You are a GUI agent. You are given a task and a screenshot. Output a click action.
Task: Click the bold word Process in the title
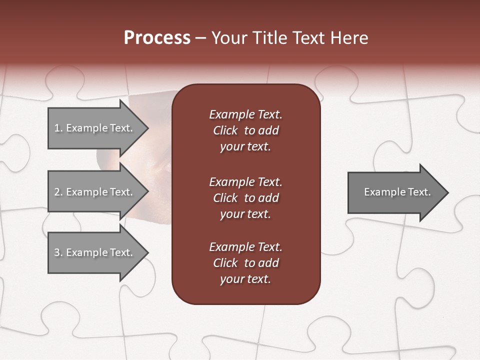(x=157, y=38)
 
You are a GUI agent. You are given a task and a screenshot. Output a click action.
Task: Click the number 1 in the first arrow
(x=57, y=128)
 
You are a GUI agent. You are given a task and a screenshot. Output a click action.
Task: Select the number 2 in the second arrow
(x=57, y=192)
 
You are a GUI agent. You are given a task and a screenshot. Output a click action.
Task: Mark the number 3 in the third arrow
(x=57, y=252)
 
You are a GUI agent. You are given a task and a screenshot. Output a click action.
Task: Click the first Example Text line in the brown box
(x=245, y=114)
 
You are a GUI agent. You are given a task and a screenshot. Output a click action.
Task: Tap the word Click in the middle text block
(x=225, y=198)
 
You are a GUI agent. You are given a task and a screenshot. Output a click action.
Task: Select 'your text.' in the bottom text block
(x=245, y=279)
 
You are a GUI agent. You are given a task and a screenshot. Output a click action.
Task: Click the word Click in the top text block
(x=225, y=130)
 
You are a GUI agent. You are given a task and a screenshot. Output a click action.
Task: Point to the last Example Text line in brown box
(x=245, y=247)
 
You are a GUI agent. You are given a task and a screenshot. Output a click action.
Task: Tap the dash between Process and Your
(x=200, y=38)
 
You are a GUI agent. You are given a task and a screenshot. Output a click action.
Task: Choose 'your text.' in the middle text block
(x=245, y=214)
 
